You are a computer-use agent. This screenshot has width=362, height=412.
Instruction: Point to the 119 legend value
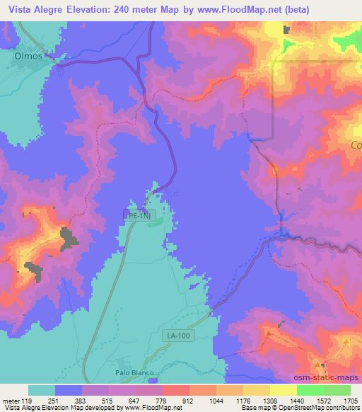tap(28, 400)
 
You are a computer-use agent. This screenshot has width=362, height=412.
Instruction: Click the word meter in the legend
tap(11, 400)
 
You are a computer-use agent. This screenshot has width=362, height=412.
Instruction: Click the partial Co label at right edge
tap(355, 145)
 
